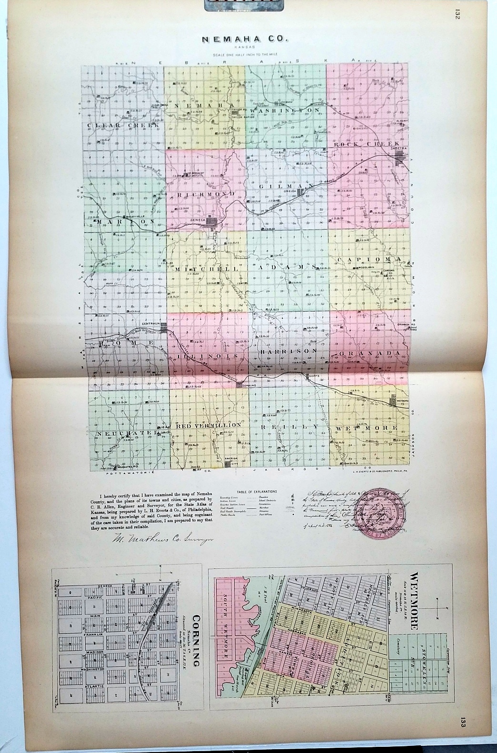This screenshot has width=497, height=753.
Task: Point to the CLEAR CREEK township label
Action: (122, 125)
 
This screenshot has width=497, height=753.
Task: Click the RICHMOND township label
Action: (206, 194)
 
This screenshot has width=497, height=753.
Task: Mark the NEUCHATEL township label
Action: (126, 433)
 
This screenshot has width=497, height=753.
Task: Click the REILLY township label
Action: (288, 427)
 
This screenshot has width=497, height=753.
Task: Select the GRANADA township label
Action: (369, 353)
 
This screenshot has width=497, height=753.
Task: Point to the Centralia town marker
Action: (163, 328)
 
